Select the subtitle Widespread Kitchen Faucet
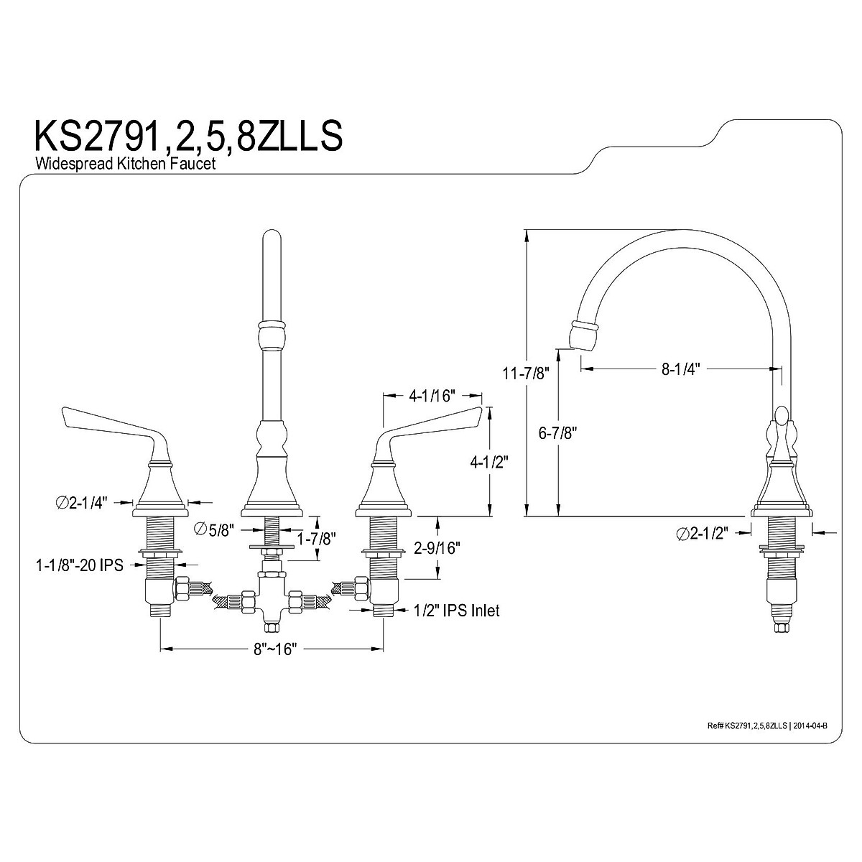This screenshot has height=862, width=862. (x=125, y=164)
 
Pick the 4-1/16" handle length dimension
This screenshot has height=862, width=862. (x=431, y=395)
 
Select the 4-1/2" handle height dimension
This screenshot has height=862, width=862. (x=489, y=462)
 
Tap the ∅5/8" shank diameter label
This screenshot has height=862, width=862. (x=214, y=530)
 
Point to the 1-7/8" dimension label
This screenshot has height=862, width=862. (x=317, y=539)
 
